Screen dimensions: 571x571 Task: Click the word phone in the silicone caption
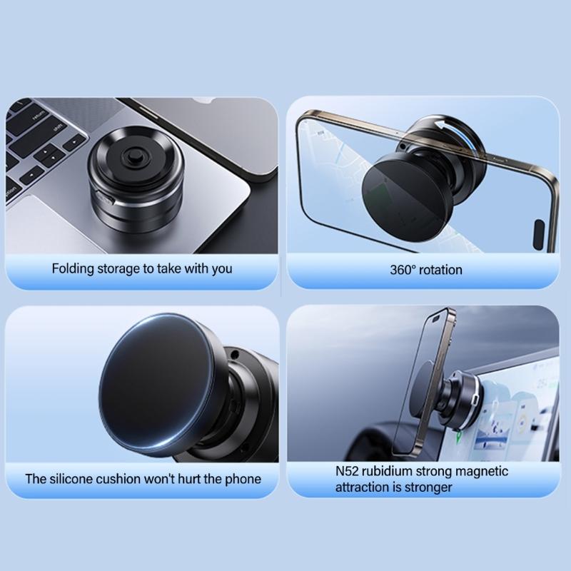click(x=243, y=478)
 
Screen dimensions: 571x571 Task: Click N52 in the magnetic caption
click(x=348, y=472)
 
